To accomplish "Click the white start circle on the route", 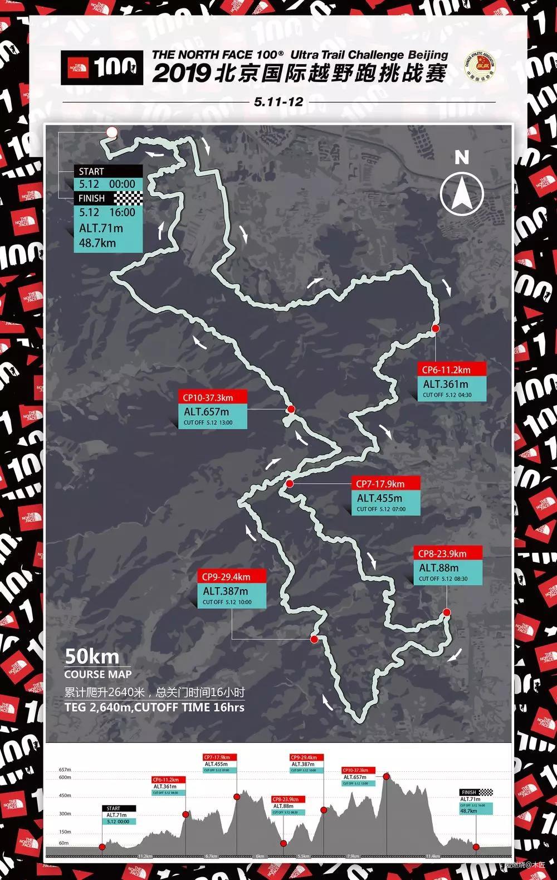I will click(111, 132).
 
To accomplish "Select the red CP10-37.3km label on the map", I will click(208, 397).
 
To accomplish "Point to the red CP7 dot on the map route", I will click(290, 484).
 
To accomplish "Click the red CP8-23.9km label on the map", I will click(442, 553).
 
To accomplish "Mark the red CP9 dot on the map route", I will click(314, 639).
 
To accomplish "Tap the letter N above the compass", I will click(462, 158).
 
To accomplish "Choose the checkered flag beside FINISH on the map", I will click(128, 198).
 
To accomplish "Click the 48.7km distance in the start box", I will click(97, 242).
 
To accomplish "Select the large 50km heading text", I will click(92, 657).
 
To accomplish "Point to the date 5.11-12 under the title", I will click(278, 102).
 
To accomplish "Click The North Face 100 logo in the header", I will click(102, 69).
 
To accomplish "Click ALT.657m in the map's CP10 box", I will click(206, 412).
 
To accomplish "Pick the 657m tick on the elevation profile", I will click(65, 770).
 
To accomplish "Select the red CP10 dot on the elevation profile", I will click(386, 776).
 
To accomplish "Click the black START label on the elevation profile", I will click(118, 808).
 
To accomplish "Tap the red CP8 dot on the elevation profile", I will click(284, 843).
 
